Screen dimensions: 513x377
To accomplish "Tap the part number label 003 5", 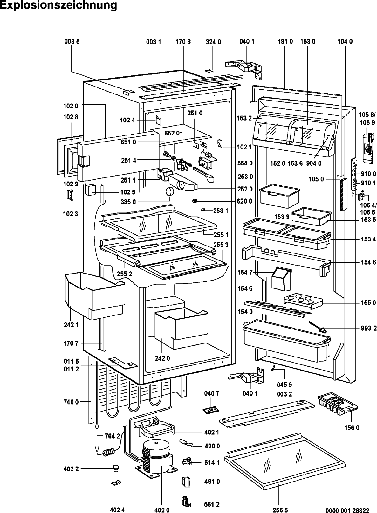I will [72, 42].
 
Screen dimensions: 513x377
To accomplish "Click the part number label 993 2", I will [368, 329].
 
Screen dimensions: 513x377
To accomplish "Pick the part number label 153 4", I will [368, 239].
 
